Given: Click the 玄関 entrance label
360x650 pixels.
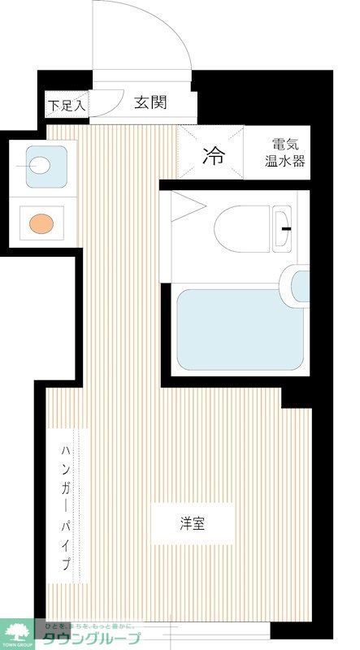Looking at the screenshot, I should (x=150, y=103).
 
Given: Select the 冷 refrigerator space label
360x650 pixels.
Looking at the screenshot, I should (x=213, y=154).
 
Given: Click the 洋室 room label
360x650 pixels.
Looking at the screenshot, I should (x=193, y=523).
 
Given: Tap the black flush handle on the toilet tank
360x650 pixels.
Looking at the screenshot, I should (x=287, y=228).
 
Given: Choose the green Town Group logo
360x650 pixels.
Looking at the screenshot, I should (x=16, y=632).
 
